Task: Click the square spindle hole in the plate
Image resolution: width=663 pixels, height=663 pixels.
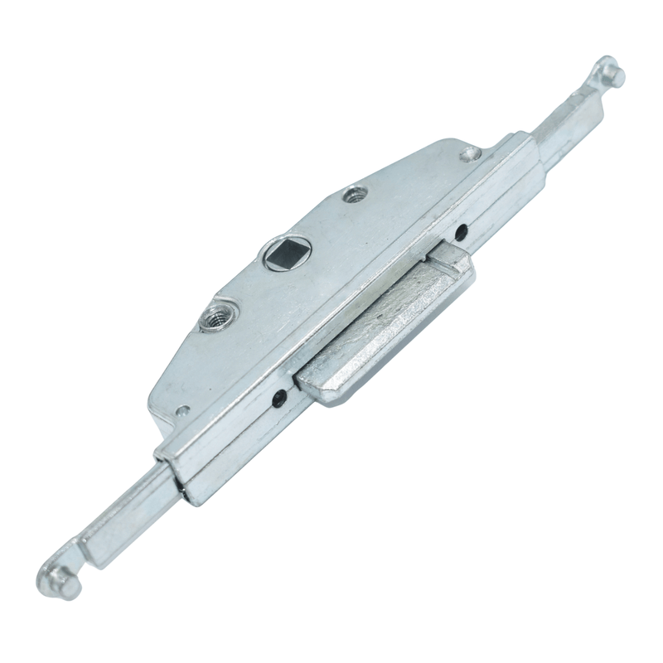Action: pos(284,254)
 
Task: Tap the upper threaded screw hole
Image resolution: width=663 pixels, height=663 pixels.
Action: pos(356,196)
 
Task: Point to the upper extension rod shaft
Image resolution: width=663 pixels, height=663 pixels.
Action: pos(564,124)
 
